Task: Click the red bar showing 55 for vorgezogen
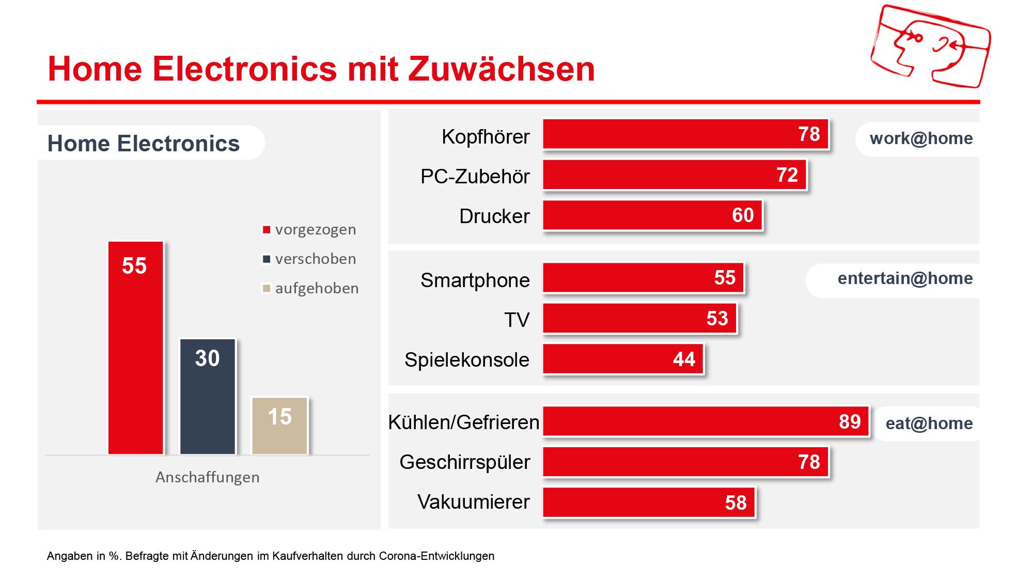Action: [x=135, y=348]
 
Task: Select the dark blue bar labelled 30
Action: [x=207, y=396]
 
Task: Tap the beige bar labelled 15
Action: [x=279, y=426]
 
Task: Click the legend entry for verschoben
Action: [x=309, y=259]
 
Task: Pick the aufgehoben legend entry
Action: [x=310, y=288]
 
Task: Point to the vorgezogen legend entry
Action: [x=309, y=229]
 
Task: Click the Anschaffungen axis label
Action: [x=207, y=477]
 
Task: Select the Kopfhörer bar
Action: [x=685, y=134]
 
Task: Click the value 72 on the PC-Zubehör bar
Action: [x=787, y=175]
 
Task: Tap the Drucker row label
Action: [x=494, y=216]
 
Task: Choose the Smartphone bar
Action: [x=643, y=278]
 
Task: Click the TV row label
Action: [x=517, y=320]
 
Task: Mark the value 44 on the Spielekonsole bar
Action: [x=684, y=359]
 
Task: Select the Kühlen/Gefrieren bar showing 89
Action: [x=706, y=421]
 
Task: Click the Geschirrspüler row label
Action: [x=465, y=462]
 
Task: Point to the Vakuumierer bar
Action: [x=649, y=503]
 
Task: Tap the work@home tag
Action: [x=920, y=138]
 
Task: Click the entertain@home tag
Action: [x=904, y=278]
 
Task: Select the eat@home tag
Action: [x=929, y=423]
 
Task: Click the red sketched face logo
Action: [x=930, y=46]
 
